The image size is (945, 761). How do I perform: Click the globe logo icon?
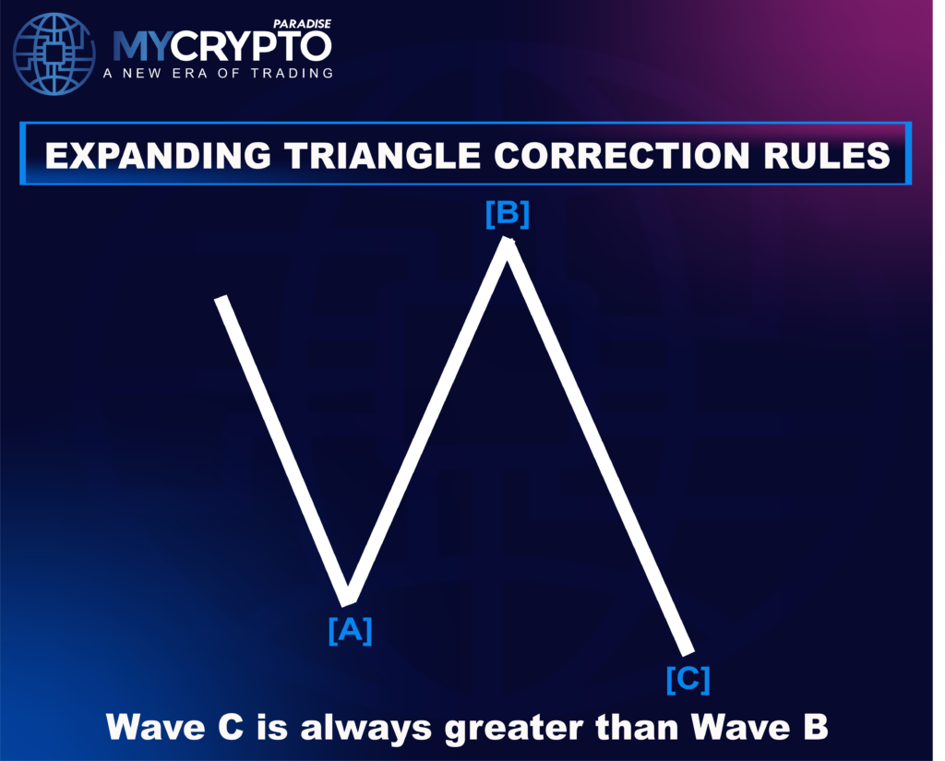[54, 54]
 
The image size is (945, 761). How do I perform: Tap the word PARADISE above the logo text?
[302, 24]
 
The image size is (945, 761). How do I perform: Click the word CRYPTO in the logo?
[250, 46]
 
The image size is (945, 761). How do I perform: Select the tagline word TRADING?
[293, 74]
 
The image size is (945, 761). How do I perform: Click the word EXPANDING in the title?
[158, 156]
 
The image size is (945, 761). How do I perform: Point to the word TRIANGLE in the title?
[383, 156]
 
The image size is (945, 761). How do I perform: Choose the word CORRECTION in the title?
[622, 156]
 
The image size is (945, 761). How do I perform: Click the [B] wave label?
[508, 215]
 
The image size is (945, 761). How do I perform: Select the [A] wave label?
[350, 631]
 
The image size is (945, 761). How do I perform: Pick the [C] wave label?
[688, 680]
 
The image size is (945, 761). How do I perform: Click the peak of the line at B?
[507, 241]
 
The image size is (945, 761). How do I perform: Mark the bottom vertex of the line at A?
[348, 602]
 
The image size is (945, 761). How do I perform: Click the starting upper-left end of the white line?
[221, 300]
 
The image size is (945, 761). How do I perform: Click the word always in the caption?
[365, 727]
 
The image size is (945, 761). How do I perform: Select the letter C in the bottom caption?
[231, 727]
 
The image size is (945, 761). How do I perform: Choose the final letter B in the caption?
[816, 726]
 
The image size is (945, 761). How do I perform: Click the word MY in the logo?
[141, 46]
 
